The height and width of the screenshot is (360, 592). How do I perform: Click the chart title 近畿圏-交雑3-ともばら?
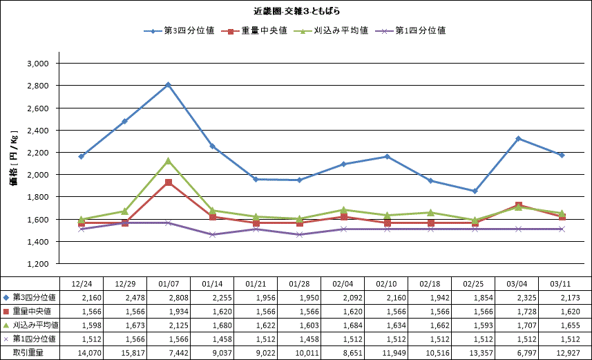296,11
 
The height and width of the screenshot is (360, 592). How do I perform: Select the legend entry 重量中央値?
259,30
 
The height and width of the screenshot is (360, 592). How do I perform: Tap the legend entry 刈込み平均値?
338,30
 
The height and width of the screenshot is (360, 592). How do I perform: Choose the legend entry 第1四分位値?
418,30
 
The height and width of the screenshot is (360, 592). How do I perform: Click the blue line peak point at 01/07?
168,84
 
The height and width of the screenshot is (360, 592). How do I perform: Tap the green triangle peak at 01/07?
168,160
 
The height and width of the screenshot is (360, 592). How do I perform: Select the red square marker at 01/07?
168,182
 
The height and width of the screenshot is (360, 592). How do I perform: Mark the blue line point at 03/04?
518,138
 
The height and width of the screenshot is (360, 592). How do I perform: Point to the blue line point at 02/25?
475,191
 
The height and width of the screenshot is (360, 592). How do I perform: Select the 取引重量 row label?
28,353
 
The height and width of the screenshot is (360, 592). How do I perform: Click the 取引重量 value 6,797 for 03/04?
518,353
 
